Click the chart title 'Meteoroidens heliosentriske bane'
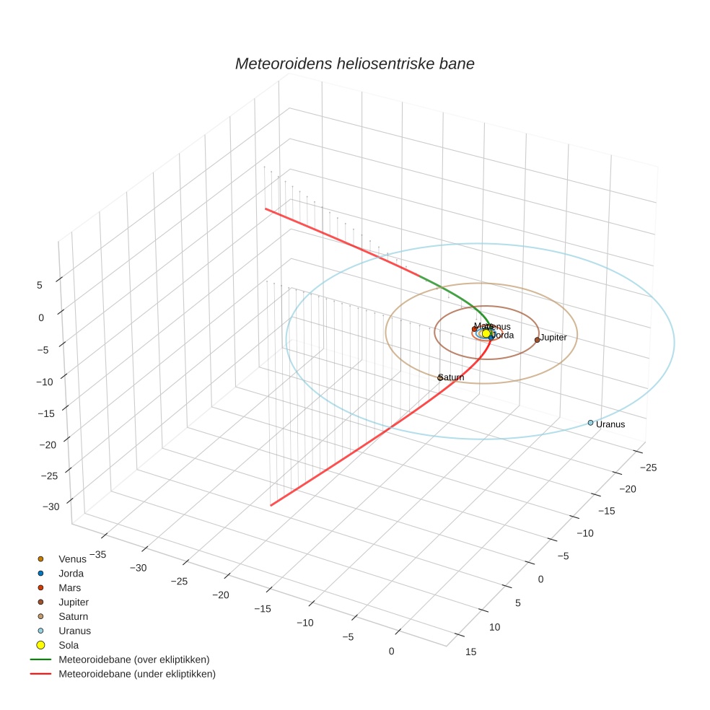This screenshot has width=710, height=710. (354, 63)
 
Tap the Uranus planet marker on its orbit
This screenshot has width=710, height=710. (590, 423)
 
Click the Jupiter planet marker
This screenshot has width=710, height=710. (537, 340)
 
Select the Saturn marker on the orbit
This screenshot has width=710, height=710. (440, 377)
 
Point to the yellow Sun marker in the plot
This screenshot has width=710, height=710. (486, 334)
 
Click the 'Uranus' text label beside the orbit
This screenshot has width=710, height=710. (610, 424)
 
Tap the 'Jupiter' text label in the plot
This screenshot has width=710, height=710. (553, 337)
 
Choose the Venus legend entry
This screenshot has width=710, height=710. (72, 559)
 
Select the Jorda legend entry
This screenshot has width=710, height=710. (71, 574)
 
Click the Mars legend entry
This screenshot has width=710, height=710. (69, 588)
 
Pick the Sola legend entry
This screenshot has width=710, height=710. (69, 645)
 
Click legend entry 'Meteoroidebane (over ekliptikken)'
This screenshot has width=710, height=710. (133, 659)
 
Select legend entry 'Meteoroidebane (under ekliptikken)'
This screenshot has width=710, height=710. (136, 674)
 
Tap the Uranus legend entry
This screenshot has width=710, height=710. (74, 631)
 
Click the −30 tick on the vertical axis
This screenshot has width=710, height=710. (51, 507)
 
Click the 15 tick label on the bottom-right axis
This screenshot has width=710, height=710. (471, 652)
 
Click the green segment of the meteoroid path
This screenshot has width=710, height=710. (455, 292)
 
